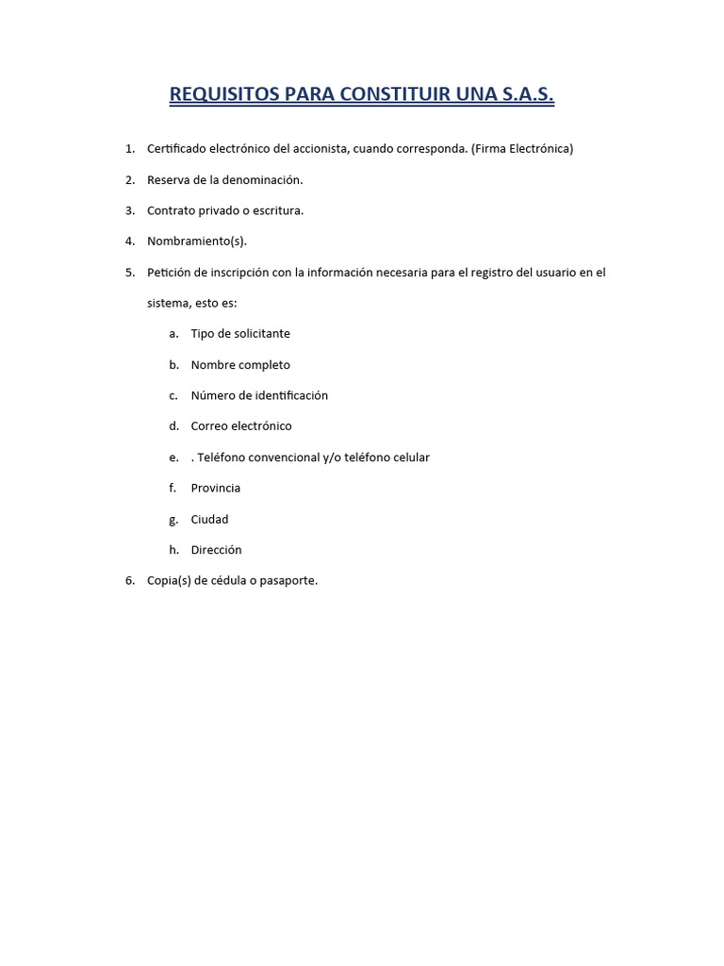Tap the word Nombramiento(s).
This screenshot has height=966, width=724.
(x=197, y=241)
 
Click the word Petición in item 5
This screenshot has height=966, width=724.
(x=169, y=273)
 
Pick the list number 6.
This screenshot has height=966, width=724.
(x=129, y=581)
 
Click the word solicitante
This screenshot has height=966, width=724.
(x=260, y=334)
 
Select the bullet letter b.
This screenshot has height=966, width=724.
(x=173, y=365)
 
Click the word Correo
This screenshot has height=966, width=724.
(x=210, y=426)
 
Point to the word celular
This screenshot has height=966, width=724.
(x=409, y=458)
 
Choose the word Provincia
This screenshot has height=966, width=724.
(x=216, y=489)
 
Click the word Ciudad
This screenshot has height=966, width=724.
(x=209, y=520)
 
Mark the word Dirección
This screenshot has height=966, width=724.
(x=216, y=550)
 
